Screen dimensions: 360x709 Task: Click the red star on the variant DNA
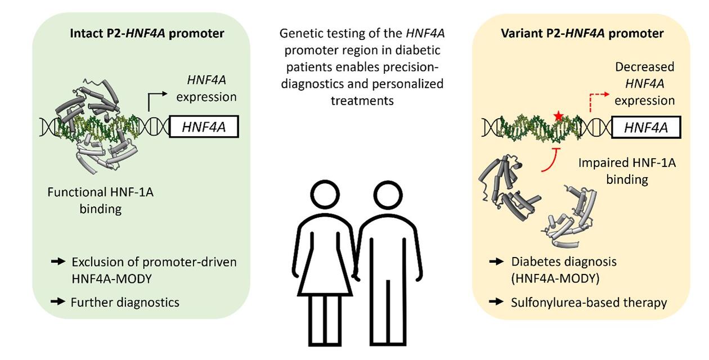pyautogui.click(x=558, y=116)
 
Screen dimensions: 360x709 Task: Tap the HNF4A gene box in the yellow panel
pyautogui.click(x=645, y=128)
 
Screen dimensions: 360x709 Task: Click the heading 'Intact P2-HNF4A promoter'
pyautogui.click(x=147, y=34)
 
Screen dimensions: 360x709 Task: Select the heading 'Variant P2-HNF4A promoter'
pyautogui.click(x=582, y=34)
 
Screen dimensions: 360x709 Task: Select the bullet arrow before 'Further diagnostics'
pyautogui.click(x=59, y=301)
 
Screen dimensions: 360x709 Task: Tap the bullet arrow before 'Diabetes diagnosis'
pyautogui.click(x=496, y=262)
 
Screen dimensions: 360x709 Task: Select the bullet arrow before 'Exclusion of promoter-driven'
pyautogui.click(x=59, y=262)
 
